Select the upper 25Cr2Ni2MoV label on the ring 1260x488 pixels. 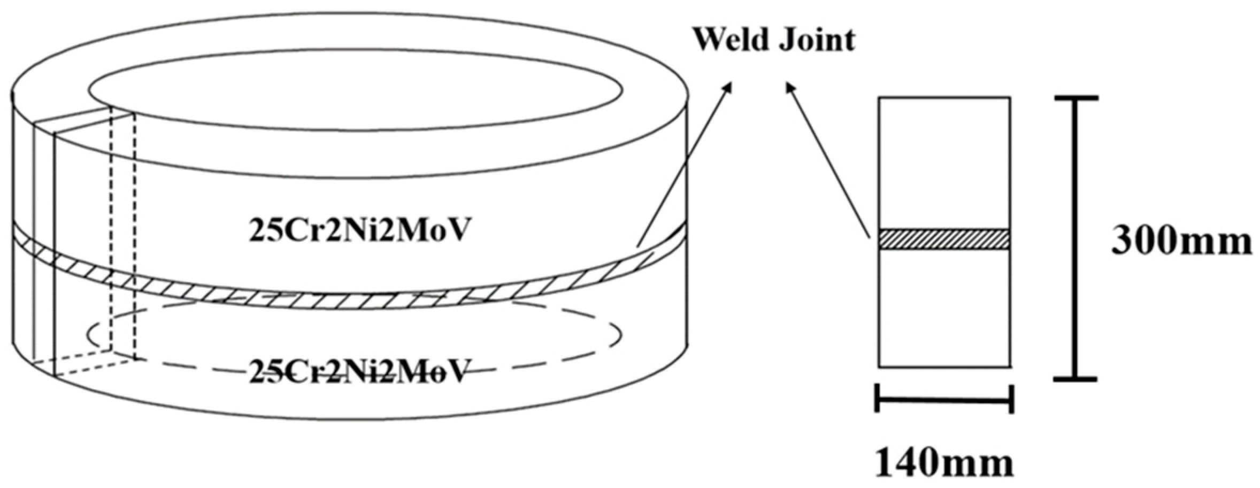(x=360, y=231)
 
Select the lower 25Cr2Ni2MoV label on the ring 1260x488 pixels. (x=360, y=370)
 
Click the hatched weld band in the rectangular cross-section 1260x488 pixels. (x=944, y=239)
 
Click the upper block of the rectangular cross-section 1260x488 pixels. (x=944, y=163)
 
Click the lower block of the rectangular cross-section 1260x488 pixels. (x=944, y=307)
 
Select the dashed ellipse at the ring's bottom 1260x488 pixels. (x=619, y=334)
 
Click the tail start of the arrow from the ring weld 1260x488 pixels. (x=637, y=246)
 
